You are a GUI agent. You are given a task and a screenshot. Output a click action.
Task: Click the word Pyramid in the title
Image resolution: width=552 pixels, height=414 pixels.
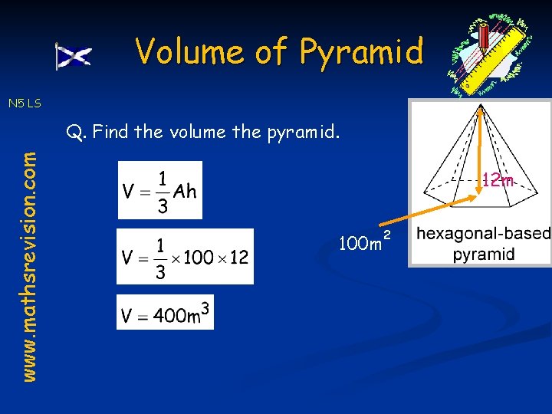coord(361,52)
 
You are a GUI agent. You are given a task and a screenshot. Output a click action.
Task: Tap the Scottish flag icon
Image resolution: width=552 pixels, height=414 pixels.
coord(74,56)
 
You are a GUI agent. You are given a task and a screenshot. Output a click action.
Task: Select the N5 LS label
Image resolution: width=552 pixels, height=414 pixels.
coord(25,103)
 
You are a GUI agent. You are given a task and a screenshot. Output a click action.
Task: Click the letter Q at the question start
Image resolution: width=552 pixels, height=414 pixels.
coord(74,132)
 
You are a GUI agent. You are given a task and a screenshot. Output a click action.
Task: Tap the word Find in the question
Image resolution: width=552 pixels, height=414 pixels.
coord(111,132)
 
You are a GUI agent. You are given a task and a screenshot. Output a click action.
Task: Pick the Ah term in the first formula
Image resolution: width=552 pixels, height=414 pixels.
coord(185,191)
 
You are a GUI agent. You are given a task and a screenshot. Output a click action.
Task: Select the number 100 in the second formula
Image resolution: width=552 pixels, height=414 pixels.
coord(199,258)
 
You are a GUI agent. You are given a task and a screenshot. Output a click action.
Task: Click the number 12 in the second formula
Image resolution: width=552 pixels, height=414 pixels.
coord(238,258)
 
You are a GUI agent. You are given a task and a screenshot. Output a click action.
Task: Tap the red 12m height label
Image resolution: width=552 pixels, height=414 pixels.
coord(498,180)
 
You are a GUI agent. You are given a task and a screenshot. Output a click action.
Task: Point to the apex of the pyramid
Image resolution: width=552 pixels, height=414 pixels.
coord(481,110)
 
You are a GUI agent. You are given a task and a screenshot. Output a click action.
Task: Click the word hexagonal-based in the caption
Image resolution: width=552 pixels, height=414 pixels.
coord(483,233)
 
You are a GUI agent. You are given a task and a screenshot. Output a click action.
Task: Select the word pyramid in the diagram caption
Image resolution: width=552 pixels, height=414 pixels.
coord(483,254)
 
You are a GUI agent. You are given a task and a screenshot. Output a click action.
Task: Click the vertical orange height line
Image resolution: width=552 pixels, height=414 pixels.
coord(481,146)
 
